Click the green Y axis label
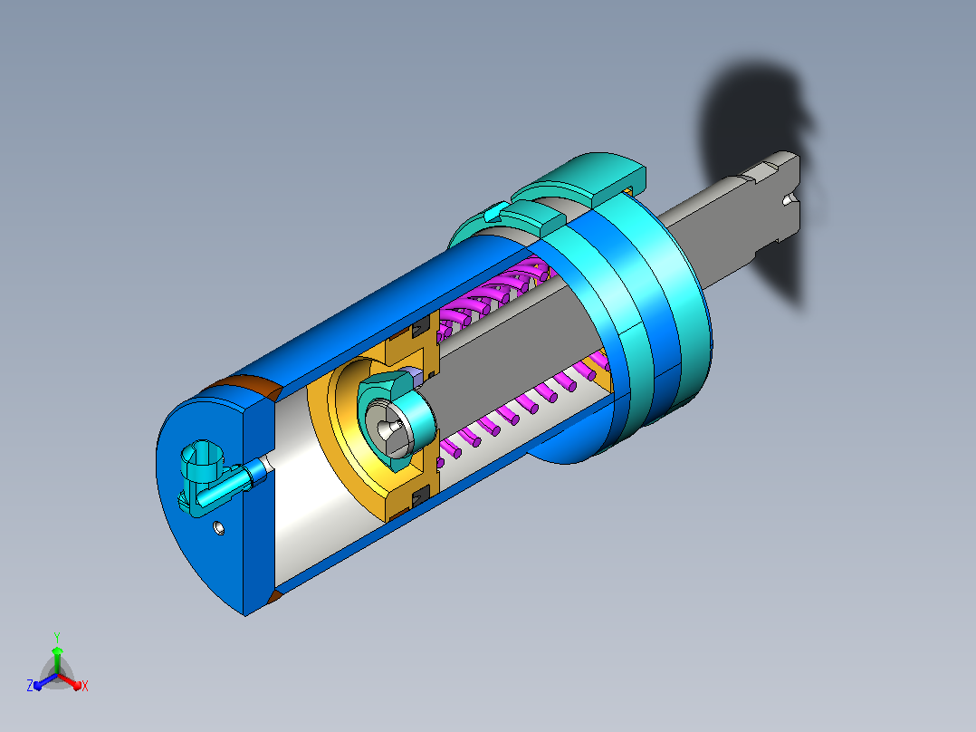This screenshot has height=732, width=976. pos(57,637)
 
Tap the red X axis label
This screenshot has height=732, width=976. pos(85,686)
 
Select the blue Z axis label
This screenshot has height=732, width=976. pos(29,685)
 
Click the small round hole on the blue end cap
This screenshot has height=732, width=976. pos(218,527)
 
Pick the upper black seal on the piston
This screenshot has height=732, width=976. pos(421,326)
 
